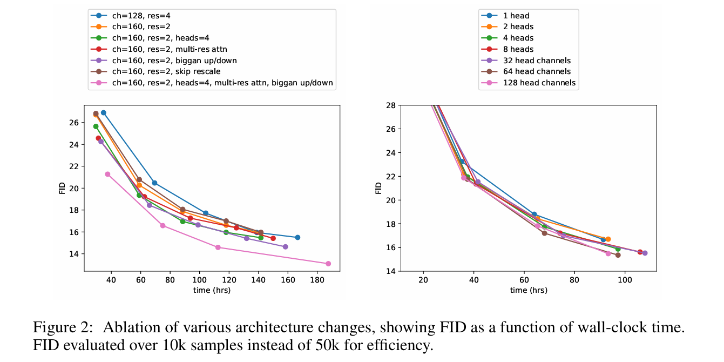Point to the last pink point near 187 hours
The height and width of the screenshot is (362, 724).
pyautogui.click(x=328, y=264)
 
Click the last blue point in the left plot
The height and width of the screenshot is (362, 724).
pyautogui.click(x=297, y=237)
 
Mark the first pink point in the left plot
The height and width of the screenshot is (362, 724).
pyautogui.click(x=107, y=174)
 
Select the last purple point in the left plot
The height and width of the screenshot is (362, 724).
pyautogui.click(x=285, y=246)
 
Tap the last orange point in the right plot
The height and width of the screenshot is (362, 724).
pyautogui.click(x=608, y=239)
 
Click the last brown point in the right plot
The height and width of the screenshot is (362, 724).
pyautogui.click(x=618, y=255)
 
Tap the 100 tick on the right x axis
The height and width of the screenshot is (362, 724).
pyautogui.click(x=625, y=280)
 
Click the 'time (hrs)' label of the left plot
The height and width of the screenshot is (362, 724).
pyautogui.click(x=212, y=291)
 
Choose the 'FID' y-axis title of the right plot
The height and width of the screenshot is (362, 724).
pyautogui.click(x=378, y=187)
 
